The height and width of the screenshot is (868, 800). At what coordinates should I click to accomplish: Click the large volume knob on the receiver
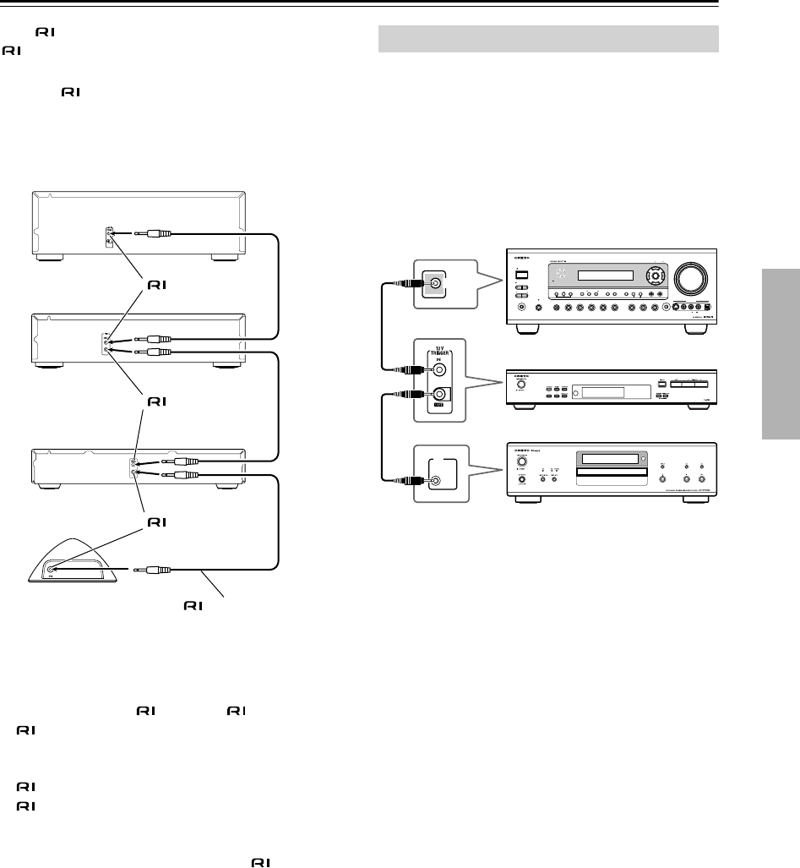tap(687, 281)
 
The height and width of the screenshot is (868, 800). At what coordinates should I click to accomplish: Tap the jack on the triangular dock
tap(52, 570)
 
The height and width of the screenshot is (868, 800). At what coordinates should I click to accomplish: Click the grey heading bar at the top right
tap(547, 40)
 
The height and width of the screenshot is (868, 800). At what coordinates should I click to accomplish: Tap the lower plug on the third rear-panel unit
tap(182, 477)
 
